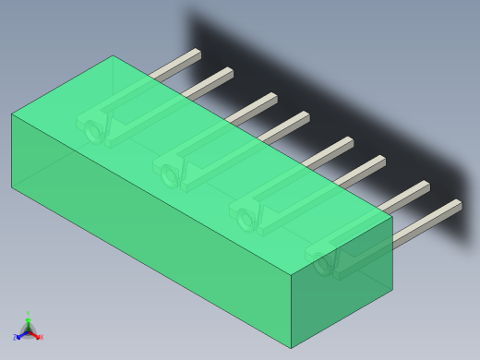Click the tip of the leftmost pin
(197, 54)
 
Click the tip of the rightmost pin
(458, 205)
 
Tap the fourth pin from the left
(286, 124)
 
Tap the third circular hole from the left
(246, 220)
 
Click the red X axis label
(40, 337)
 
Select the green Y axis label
(28, 315)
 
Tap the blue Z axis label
(16, 338)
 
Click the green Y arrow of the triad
(28, 322)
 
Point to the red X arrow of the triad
(34, 335)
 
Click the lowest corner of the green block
(291, 349)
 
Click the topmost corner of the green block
(113, 55)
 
